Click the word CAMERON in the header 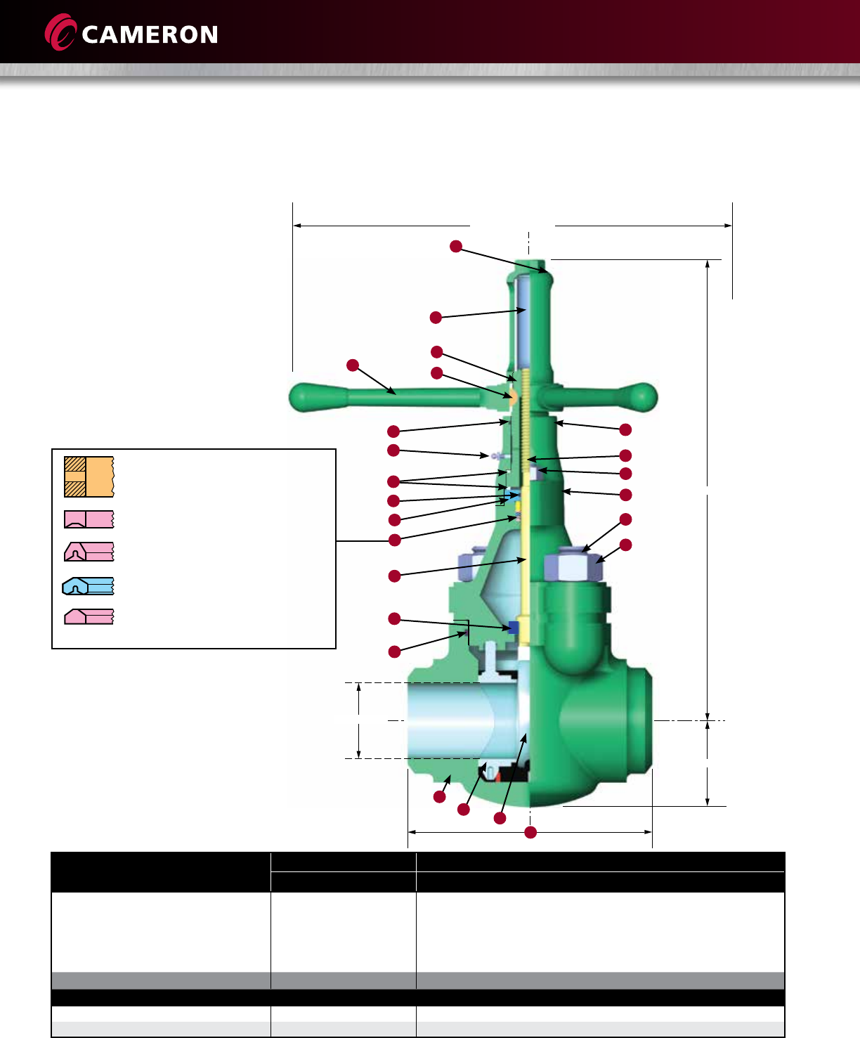pyautogui.click(x=150, y=35)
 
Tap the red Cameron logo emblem pyautogui.click(x=60, y=32)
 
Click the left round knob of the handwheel pyautogui.click(x=304, y=397)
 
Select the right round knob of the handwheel pyautogui.click(x=641, y=397)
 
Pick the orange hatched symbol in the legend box pyautogui.click(x=89, y=476)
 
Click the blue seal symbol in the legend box pyautogui.click(x=88, y=586)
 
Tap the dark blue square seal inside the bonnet pyautogui.click(x=514, y=628)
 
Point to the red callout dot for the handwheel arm pyautogui.click(x=353, y=365)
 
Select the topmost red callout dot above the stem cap pyautogui.click(x=456, y=246)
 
